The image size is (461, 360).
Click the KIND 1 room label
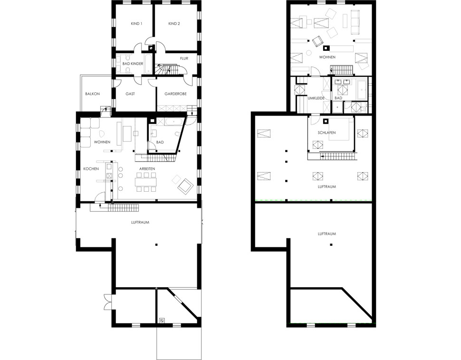click(136, 23)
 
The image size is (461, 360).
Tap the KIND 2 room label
click(174, 23)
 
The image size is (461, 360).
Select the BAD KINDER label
click(133, 64)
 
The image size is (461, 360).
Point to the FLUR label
click(184, 58)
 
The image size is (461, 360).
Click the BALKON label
click(92, 94)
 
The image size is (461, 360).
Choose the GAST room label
click(130, 94)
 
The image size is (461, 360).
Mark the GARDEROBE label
click(175, 94)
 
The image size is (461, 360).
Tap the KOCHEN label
click(91, 169)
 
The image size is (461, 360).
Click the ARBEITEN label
click(147, 169)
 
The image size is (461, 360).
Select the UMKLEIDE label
click(316, 98)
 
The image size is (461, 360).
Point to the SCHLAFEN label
click(327, 133)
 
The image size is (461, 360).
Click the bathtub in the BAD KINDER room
click(149, 64)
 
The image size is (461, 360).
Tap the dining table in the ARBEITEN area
click(145, 182)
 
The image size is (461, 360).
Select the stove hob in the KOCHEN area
click(109, 176)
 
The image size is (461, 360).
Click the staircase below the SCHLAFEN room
click(338, 156)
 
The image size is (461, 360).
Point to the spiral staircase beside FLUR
click(163, 69)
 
